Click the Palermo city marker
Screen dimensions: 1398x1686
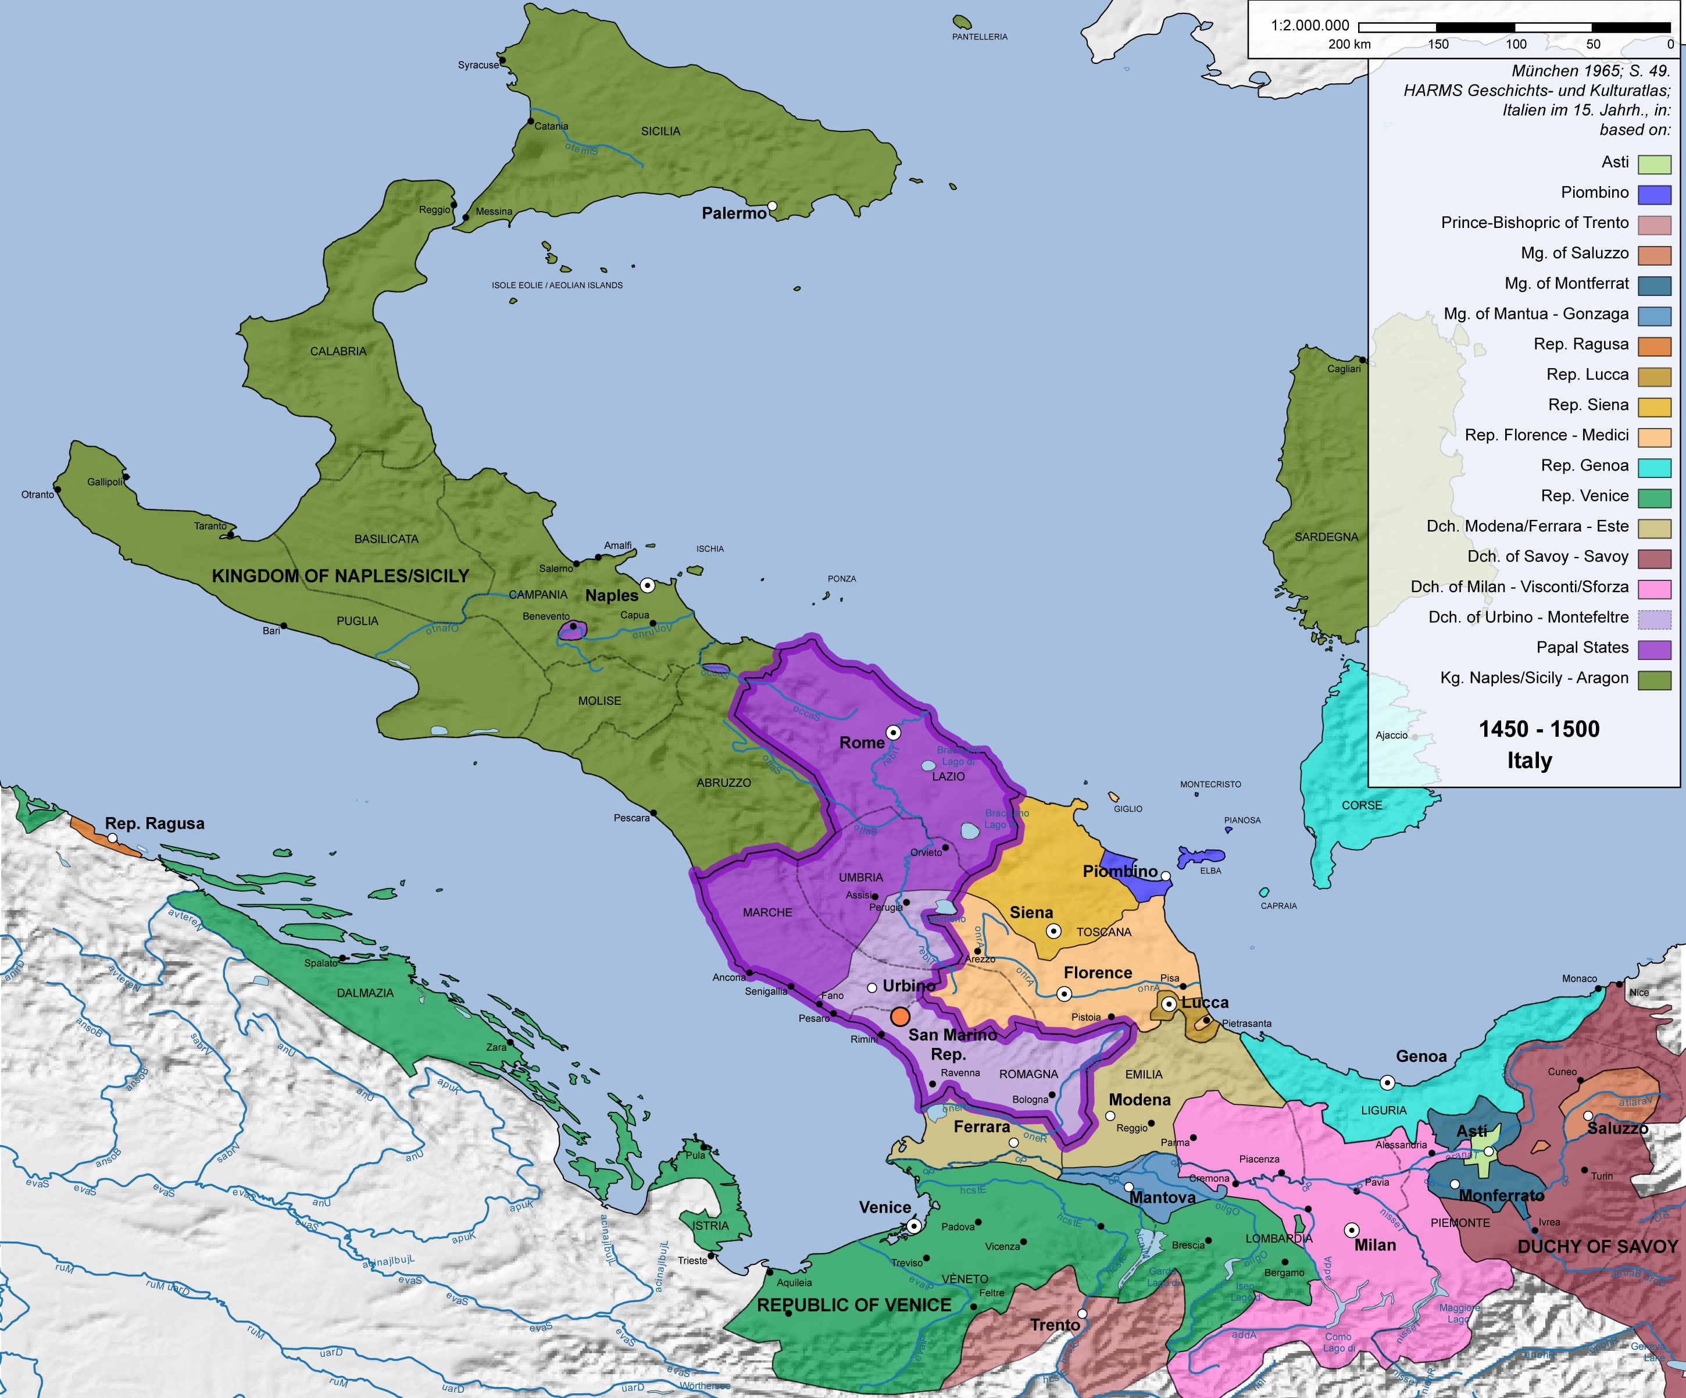pyautogui.click(x=771, y=206)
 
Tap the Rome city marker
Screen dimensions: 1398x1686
pyautogui.click(x=893, y=732)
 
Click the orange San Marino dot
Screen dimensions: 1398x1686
pyautogui.click(x=900, y=1017)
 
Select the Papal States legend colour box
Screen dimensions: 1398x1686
pyautogui.click(x=1654, y=649)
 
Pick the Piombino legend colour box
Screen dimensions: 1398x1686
pyautogui.click(x=1654, y=194)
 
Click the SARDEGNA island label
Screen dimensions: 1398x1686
pyautogui.click(x=1326, y=536)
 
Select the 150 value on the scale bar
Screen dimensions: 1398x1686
pyautogui.click(x=1437, y=44)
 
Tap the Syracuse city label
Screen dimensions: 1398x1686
pyautogui.click(x=478, y=65)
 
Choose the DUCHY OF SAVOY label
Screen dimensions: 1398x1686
pyautogui.click(x=1597, y=1246)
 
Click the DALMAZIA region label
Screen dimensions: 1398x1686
pyautogui.click(x=365, y=993)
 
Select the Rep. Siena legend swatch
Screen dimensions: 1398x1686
pyautogui.click(x=1654, y=406)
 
